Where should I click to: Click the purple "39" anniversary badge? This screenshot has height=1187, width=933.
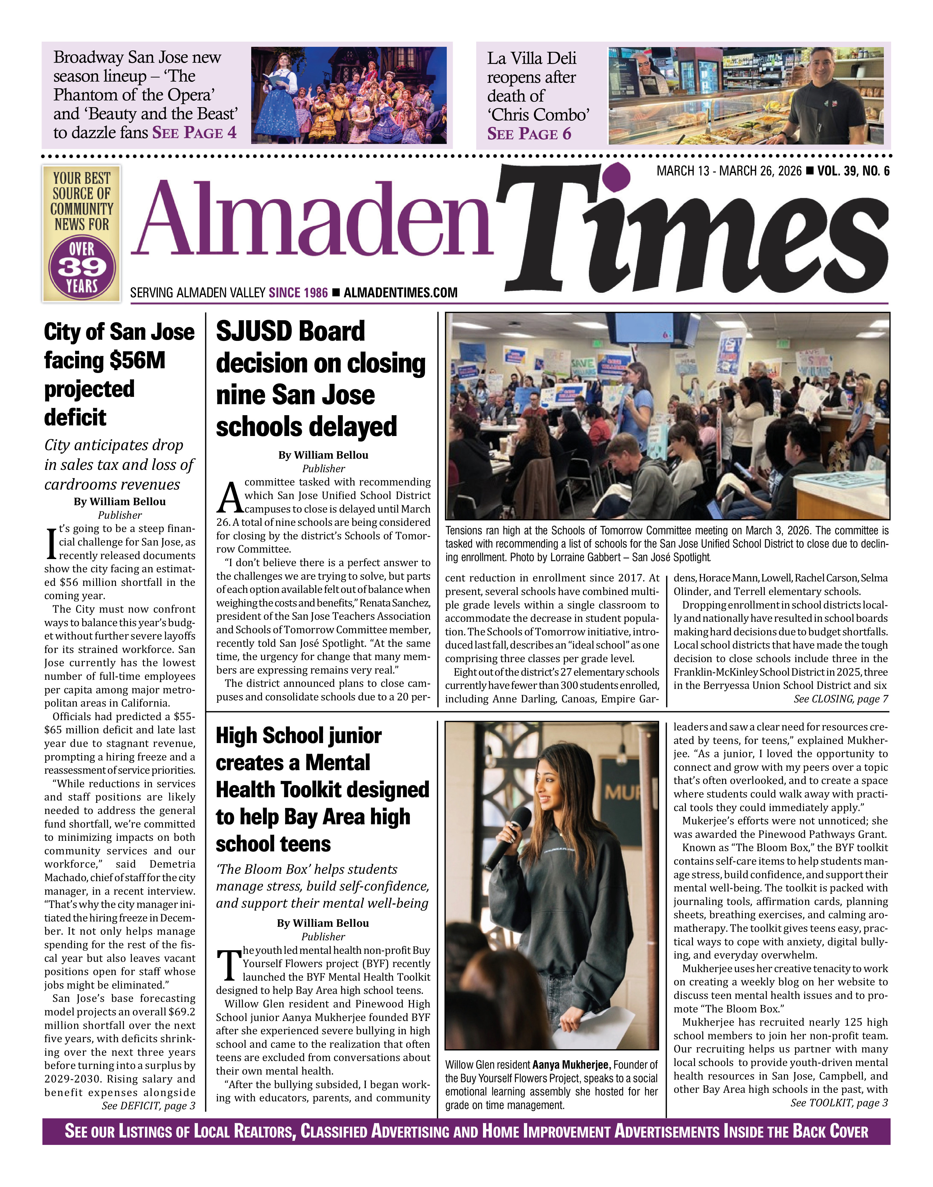click(82, 267)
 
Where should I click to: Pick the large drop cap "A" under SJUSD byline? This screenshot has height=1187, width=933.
click(229, 498)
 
